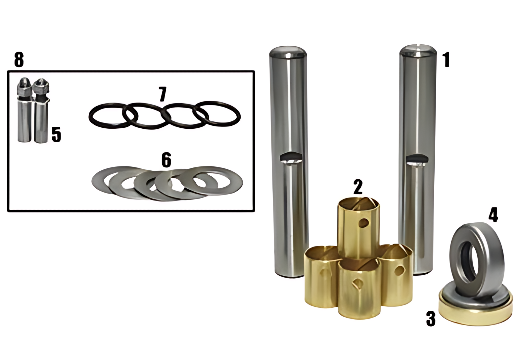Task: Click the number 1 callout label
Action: pyautogui.click(x=446, y=60)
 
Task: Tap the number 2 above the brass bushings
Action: pyautogui.click(x=358, y=187)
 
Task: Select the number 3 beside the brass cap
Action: pyautogui.click(x=431, y=319)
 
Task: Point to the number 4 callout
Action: pyautogui.click(x=493, y=215)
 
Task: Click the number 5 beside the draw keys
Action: pyautogui.click(x=56, y=134)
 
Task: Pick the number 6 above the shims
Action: pyautogui.click(x=166, y=159)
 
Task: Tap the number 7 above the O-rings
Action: pyautogui.click(x=163, y=94)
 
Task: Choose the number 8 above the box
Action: pyautogui.click(x=19, y=59)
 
